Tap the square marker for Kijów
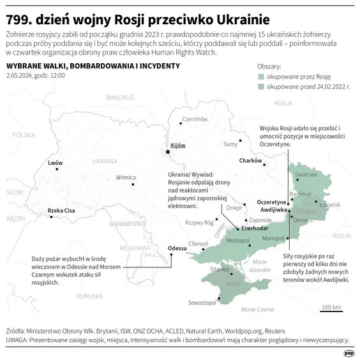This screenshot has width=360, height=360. pos(167,152)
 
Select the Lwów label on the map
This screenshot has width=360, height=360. pos(56,163)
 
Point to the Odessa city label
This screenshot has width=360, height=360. pos(177,248)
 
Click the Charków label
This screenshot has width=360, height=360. pos(251,160)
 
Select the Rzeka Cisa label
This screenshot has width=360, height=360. pos(61,211)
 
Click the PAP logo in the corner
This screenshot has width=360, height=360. pos(349,352)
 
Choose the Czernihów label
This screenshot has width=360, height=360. pos(195,119)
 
